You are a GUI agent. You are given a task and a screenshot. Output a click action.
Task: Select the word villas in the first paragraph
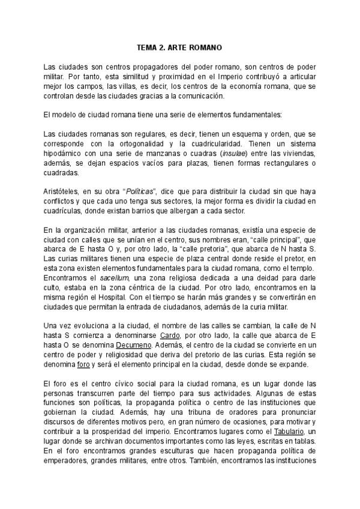127,86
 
